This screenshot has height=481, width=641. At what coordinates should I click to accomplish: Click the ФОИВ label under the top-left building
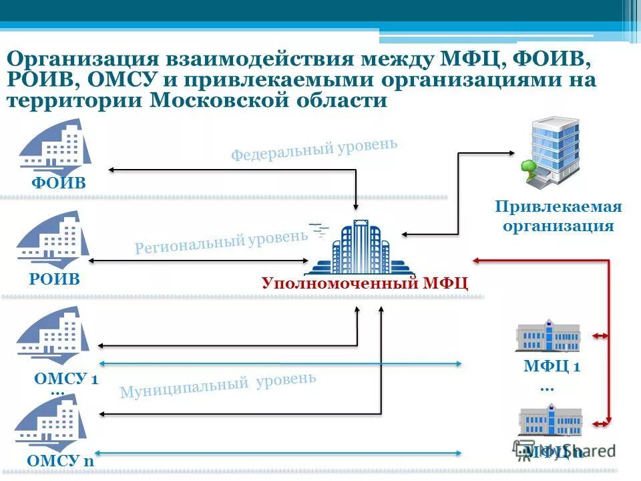click(59, 183)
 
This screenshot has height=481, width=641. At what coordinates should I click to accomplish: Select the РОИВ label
click(54, 279)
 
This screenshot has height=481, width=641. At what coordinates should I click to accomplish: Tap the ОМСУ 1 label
click(66, 379)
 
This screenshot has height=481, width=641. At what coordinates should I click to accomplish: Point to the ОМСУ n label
click(61, 460)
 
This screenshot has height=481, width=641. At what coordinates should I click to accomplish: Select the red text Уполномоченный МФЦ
click(365, 283)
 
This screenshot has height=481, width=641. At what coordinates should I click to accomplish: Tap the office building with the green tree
click(550, 150)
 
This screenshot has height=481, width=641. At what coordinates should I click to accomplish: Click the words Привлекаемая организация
click(558, 216)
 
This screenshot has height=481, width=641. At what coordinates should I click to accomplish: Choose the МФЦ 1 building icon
click(548, 335)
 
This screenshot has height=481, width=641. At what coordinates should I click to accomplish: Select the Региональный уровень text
click(221, 242)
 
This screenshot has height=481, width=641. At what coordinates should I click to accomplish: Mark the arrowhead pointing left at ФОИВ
click(112, 170)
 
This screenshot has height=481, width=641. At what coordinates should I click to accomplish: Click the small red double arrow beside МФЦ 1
click(599, 336)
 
